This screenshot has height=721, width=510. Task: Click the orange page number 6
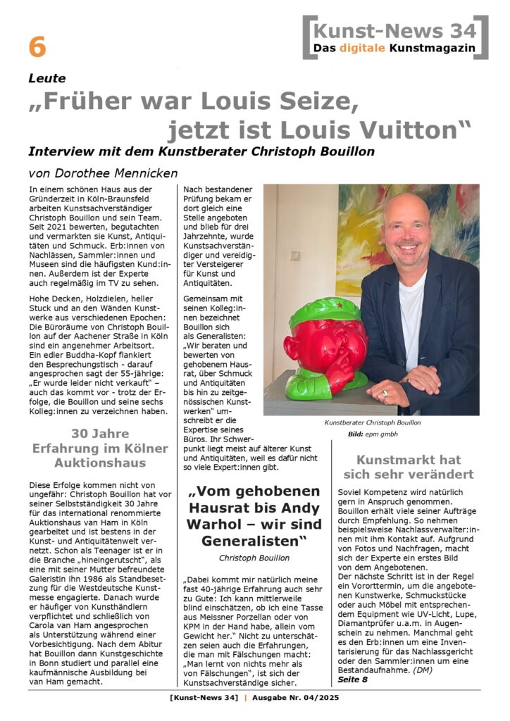(37, 47)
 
